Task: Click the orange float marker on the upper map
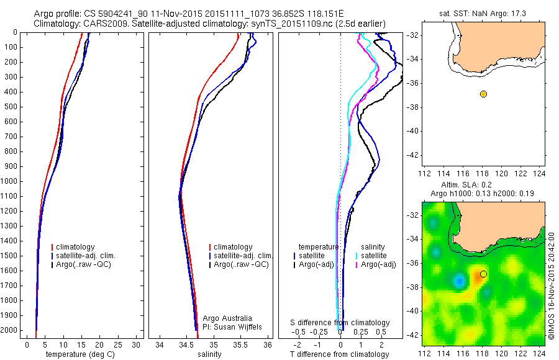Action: pos(483,94)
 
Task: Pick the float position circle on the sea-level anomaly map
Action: pos(483,274)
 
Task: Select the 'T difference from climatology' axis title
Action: pos(341,354)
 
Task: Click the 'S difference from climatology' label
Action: pos(340,323)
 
